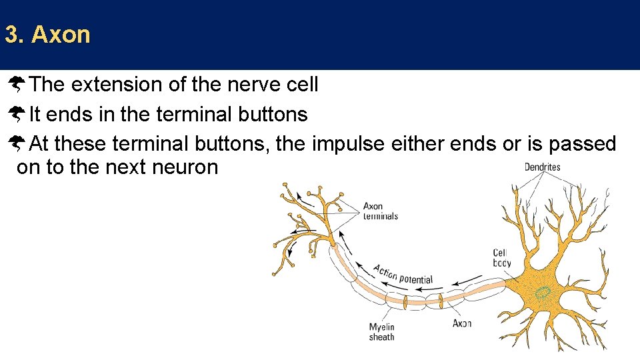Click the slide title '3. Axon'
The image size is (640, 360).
tap(47, 35)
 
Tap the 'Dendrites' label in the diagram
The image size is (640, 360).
tap(542, 167)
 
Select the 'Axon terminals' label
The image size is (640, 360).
tap(381, 211)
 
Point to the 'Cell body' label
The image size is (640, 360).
tap(502, 257)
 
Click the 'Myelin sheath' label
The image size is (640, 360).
tap(382, 332)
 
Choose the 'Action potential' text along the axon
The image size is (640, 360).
tap(403, 274)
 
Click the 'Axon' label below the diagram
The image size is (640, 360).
tap(462, 323)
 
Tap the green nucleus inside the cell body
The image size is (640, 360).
tap(544, 293)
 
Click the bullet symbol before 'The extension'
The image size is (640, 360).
tap(17, 85)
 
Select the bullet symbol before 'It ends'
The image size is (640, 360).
tap(17, 115)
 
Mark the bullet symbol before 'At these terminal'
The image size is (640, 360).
tap(17, 143)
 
